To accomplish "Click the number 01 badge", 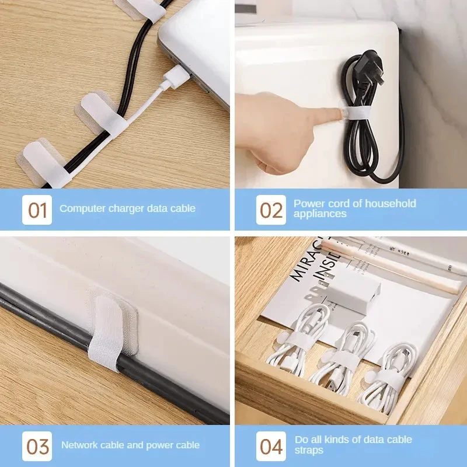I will click(x=37, y=210).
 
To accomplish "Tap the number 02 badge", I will click(x=271, y=210).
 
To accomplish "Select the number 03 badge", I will click(x=37, y=447).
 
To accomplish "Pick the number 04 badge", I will click(x=271, y=447).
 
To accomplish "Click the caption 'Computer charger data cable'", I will click(x=127, y=208).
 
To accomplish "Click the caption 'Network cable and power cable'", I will click(x=130, y=445).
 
